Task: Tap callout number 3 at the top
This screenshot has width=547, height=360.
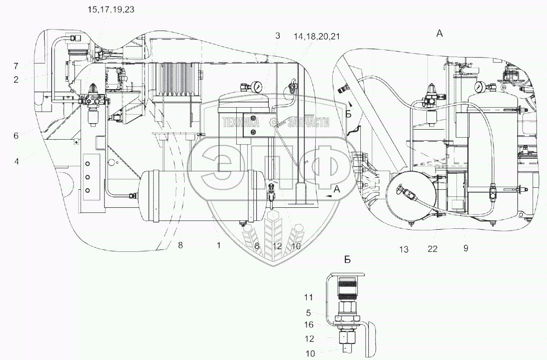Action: [x=277, y=36]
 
